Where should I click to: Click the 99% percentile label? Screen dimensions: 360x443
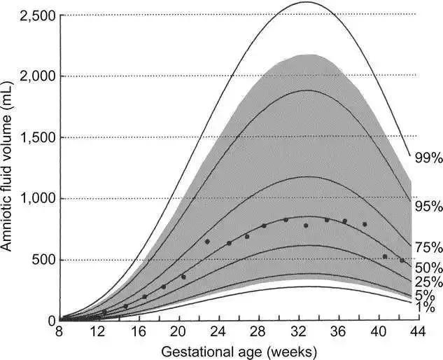point(428,158)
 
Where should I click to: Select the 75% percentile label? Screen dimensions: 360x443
point(428,247)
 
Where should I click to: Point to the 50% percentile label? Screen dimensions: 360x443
point(428,267)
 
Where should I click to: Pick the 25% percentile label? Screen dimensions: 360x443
point(428,282)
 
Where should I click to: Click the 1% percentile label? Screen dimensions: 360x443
point(425,307)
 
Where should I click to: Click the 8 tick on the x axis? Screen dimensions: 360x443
point(60,333)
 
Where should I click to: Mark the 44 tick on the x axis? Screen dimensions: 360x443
point(416,333)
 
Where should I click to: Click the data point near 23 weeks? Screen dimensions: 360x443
point(207,242)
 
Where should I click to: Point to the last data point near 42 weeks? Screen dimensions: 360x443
point(402,261)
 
